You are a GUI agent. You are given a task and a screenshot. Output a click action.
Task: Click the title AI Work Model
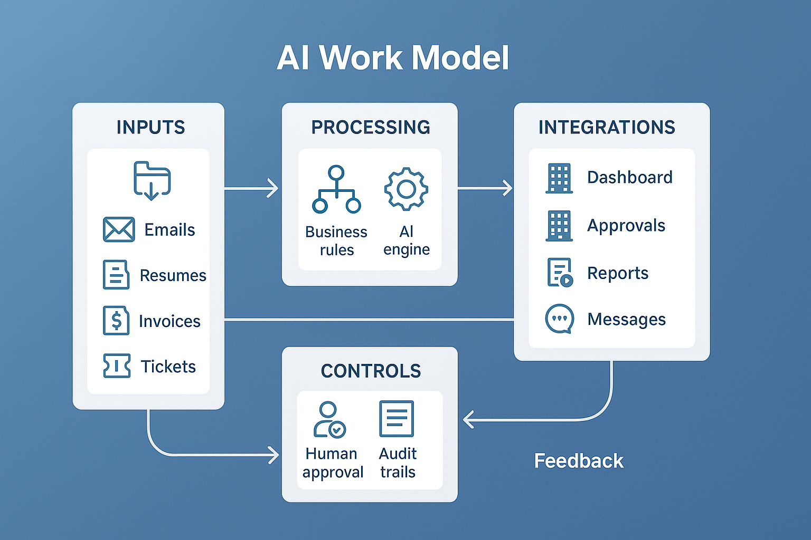tap(393, 57)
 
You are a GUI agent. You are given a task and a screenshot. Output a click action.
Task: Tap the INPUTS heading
tap(150, 128)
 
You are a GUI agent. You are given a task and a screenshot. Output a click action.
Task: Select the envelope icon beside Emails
tap(119, 229)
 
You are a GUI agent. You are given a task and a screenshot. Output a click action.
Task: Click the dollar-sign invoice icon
tap(116, 320)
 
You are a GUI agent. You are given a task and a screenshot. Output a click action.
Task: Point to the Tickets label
tap(168, 367)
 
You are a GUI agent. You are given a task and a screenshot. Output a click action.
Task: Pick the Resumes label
tap(173, 275)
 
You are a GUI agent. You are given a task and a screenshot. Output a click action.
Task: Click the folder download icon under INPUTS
tap(152, 181)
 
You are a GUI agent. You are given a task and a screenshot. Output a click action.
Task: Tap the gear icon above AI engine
tap(406, 189)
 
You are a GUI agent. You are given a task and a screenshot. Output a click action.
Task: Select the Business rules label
tap(336, 240)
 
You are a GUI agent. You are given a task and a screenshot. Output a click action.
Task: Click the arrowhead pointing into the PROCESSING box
tap(273, 188)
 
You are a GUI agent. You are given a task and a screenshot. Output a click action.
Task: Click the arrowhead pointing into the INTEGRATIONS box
tap(507, 188)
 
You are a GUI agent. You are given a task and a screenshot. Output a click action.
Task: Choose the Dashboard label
tap(629, 177)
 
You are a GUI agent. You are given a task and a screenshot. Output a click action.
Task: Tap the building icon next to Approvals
tap(559, 226)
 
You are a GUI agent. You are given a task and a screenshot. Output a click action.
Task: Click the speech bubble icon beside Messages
tap(559, 319)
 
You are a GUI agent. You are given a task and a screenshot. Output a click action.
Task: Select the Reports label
tap(617, 273)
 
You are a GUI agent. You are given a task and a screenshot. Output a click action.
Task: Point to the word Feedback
tap(579, 461)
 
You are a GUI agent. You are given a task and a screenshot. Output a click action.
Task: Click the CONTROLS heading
tap(371, 371)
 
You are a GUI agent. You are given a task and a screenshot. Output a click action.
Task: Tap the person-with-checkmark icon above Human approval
tap(329, 420)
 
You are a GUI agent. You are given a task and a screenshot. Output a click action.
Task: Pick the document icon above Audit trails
tap(397, 419)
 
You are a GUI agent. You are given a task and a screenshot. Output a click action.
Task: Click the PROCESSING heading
tap(371, 128)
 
